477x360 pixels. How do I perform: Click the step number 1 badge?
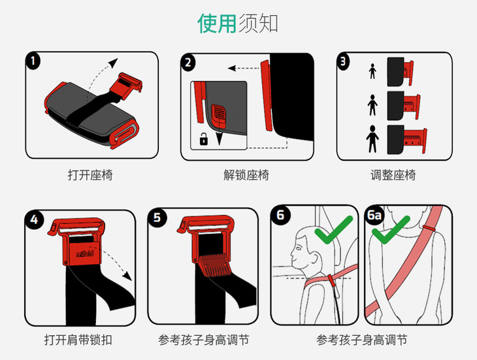click(33, 61)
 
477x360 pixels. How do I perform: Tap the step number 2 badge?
click(188, 63)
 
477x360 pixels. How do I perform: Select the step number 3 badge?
click(343, 61)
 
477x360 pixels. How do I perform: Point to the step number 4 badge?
click(35, 220)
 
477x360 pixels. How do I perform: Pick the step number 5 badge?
click(157, 218)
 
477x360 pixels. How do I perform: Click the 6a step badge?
click(374, 216)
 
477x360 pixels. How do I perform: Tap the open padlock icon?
click(203, 139)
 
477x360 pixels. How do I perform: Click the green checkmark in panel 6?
click(333, 229)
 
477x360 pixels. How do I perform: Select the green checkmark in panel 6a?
click(391, 229)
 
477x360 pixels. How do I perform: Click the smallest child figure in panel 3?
click(372, 71)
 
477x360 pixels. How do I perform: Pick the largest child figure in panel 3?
click(372, 139)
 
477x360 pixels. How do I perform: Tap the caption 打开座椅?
click(90, 176)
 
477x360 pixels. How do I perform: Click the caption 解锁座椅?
click(246, 176)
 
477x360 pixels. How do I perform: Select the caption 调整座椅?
click(393, 176)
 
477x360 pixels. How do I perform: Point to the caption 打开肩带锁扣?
click(78, 340)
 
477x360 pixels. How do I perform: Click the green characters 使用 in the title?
click(217, 23)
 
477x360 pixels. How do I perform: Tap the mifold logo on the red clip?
click(85, 254)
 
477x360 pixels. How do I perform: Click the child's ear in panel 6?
click(314, 259)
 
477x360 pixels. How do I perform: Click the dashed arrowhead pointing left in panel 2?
click(232, 68)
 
